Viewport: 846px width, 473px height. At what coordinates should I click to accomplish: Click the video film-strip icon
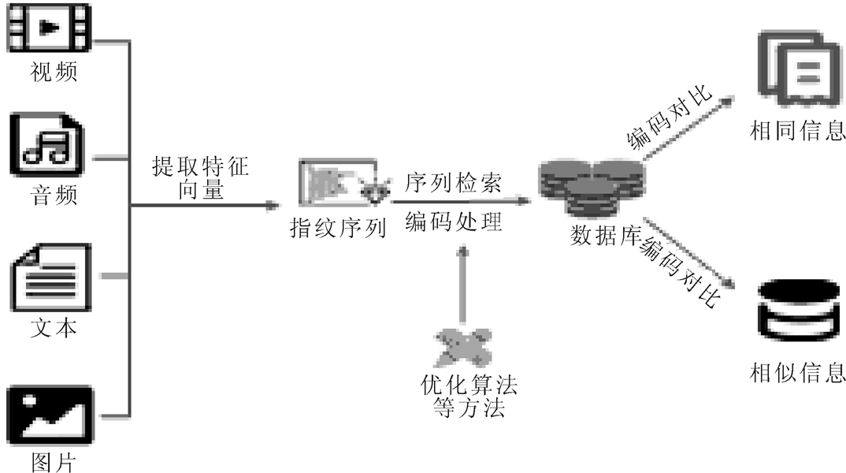click(50, 28)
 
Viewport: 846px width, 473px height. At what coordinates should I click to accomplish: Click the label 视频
click(54, 73)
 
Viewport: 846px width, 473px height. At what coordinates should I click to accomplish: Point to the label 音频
click(54, 193)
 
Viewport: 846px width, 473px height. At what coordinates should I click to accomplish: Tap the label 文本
click(54, 326)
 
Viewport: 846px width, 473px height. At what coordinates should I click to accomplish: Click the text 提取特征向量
click(200, 178)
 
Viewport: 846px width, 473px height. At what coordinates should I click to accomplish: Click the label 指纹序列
click(338, 229)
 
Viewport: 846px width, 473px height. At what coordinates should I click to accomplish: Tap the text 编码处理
click(453, 222)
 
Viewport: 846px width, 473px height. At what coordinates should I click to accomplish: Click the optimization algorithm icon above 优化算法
click(463, 347)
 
